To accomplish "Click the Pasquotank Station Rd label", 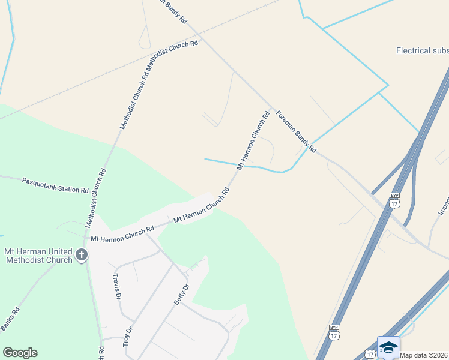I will click(55, 185).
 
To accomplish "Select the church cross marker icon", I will click(81, 256).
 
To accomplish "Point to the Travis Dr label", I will click(118, 287).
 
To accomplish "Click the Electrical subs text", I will click(422, 51).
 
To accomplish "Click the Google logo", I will click(20, 353).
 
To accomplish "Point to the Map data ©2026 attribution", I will click(424, 355).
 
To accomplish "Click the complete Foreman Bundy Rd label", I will click(295, 130).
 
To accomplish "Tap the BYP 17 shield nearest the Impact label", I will click(394, 200).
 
